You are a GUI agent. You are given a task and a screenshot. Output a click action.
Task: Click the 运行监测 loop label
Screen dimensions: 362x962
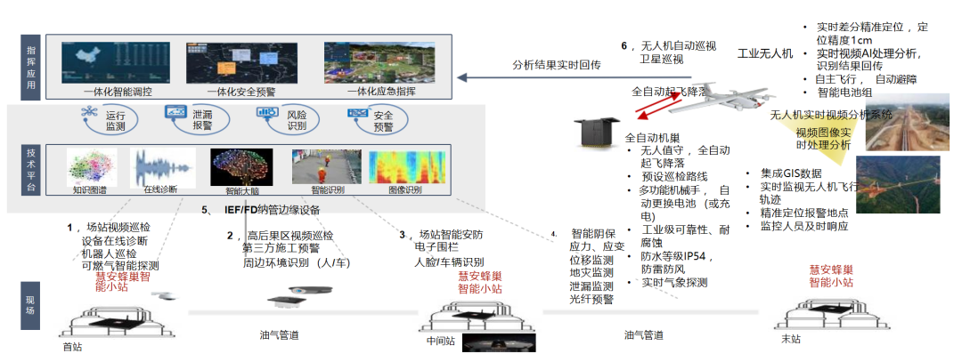point(116,122)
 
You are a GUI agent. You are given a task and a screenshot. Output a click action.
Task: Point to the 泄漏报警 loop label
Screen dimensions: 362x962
point(203,122)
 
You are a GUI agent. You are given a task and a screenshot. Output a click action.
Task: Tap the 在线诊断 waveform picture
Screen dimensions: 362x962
point(163,166)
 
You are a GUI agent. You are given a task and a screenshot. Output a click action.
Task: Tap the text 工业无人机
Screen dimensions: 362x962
point(765,54)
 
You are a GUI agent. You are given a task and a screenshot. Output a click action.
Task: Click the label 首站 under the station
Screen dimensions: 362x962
point(72,346)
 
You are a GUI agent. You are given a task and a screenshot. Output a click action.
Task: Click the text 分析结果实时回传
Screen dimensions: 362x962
point(558,65)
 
